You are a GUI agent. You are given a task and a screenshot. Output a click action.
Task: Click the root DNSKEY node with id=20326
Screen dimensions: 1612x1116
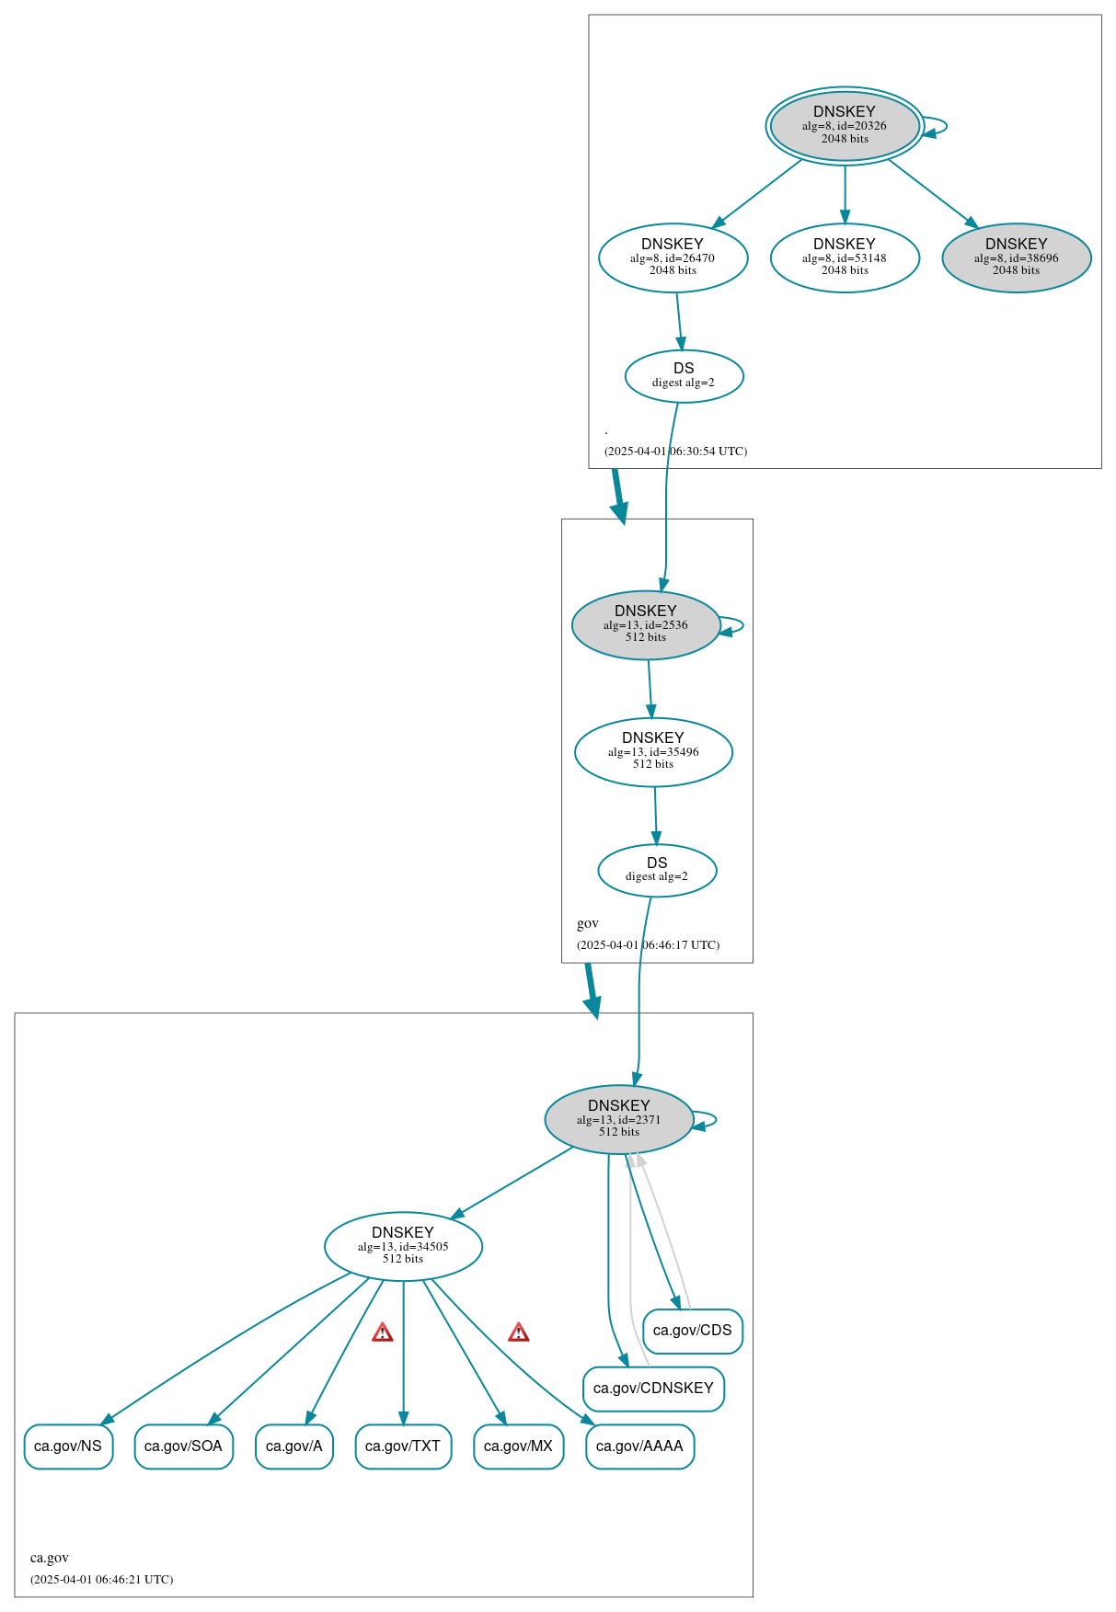tap(845, 126)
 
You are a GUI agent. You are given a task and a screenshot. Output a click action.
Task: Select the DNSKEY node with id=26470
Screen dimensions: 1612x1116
tap(673, 257)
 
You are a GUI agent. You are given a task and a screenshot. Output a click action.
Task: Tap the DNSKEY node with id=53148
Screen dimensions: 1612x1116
tap(845, 257)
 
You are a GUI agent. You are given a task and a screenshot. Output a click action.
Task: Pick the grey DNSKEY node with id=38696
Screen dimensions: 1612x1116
tap(1016, 257)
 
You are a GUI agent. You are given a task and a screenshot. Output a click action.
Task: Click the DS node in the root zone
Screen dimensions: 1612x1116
tap(684, 375)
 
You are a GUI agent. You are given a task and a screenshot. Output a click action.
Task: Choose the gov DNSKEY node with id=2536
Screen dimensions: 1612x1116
tap(646, 624)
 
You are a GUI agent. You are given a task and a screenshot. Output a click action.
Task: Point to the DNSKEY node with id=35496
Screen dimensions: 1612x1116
tap(653, 751)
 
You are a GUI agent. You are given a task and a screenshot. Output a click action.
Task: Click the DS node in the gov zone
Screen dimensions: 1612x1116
tap(657, 870)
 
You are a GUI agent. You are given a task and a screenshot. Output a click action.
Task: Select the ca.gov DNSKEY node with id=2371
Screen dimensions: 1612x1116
tap(619, 1119)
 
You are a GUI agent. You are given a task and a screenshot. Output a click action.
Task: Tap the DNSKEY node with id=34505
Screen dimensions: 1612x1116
tap(403, 1246)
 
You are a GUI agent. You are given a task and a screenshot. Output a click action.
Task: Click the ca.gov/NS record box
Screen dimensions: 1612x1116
tap(68, 1446)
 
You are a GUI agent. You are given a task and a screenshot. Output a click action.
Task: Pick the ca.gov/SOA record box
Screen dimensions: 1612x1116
tap(183, 1446)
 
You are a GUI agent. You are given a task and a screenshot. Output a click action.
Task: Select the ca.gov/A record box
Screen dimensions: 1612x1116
tap(294, 1446)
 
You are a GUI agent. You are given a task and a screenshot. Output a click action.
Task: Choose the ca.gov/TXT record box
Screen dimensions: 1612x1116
tap(403, 1446)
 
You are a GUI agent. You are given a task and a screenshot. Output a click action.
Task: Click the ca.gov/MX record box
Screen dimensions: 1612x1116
tap(518, 1446)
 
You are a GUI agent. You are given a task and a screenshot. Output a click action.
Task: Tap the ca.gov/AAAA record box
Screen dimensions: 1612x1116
tap(639, 1446)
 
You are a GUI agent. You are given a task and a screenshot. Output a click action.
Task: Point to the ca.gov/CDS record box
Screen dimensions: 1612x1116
tap(693, 1331)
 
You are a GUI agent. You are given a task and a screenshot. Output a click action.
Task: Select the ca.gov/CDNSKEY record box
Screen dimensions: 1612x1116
tap(653, 1389)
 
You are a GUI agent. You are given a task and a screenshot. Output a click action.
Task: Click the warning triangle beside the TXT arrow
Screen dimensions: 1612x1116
tap(383, 1332)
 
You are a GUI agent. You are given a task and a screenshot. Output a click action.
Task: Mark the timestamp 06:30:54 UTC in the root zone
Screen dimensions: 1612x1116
tap(675, 452)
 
